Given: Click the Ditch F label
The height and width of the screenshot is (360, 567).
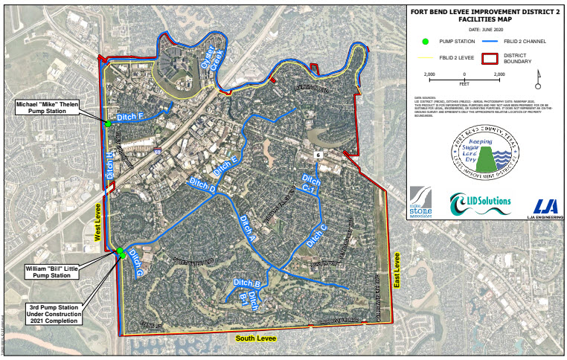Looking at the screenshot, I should pos(129,117).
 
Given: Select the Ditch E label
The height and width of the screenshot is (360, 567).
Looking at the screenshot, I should pos(225,166).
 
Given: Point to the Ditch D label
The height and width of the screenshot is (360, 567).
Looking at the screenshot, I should pos(202,190).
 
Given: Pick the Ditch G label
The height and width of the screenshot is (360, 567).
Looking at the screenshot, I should pos(135,263).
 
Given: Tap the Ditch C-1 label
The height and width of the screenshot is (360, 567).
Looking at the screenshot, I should pos(311,184).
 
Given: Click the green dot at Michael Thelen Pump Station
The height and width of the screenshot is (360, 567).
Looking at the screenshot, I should pos(108,123).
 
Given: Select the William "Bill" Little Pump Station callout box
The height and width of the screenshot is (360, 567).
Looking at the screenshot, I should pos(51,270).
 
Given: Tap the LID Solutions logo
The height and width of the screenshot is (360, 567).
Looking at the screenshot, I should pos(480,203).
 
